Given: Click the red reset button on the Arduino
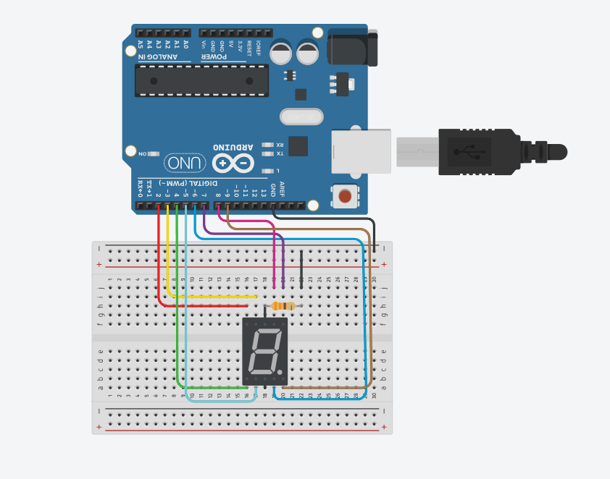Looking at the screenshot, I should pyautogui.click(x=345, y=195).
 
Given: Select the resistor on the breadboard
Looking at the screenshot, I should pyautogui.click(x=283, y=306).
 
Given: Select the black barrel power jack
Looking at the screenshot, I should pyautogui.click(x=352, y=48).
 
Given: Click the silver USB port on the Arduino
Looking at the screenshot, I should pyautogui.click(x=361, y=151).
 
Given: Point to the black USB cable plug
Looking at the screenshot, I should pyautogui.click(x=478, y=152).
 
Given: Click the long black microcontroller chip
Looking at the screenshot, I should pyautogui.click(x=201, y=80).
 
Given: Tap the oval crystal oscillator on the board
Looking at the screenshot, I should pyautogui.click(x=301, y=116).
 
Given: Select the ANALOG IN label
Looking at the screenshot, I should pyautogui.click(x=156, y=56).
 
